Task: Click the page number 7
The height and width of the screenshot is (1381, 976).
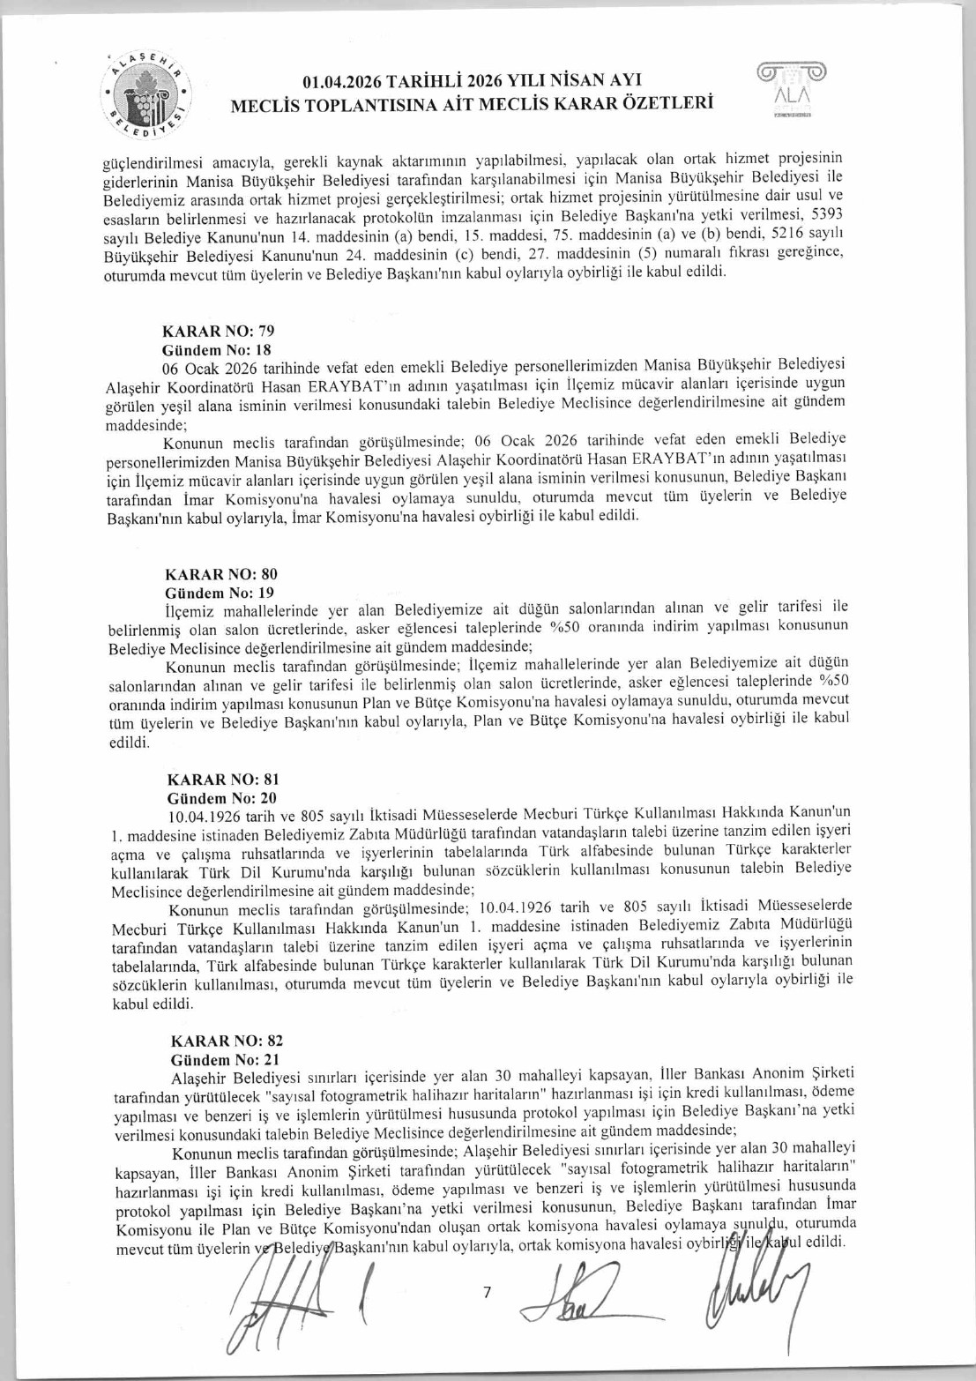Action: pos(487,1293)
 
